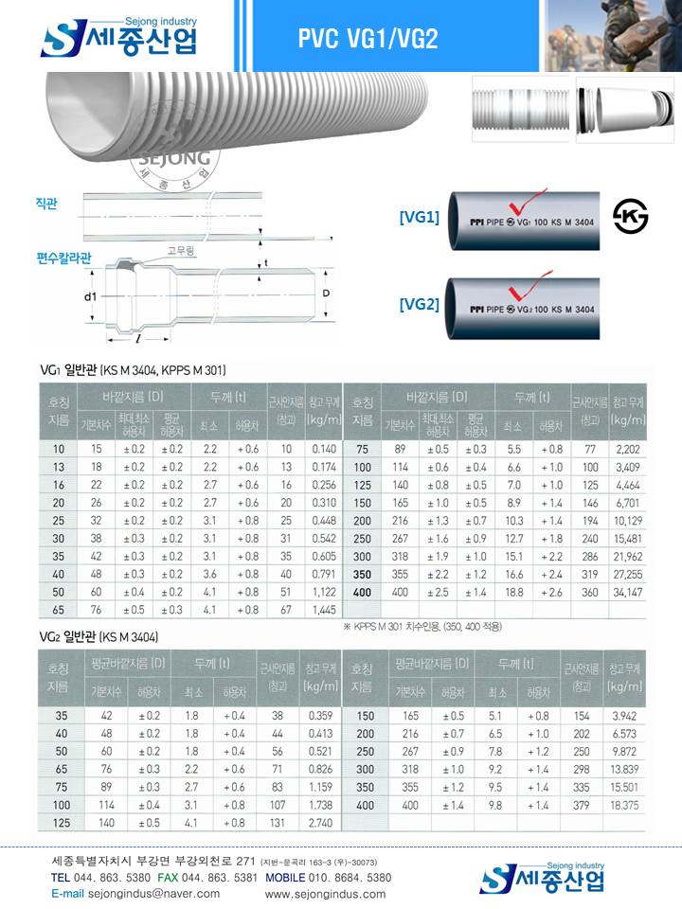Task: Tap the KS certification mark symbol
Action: point(630,217)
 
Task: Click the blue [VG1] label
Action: point(419,218)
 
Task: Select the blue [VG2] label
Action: point(419,304)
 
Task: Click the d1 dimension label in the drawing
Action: point(91,296)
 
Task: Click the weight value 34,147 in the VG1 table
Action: point(628,592)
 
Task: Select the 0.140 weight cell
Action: point(323,448)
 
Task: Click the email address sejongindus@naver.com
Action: point(112,893)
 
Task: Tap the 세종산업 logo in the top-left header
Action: point(118,38)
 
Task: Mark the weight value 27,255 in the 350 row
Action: point(628,574)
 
